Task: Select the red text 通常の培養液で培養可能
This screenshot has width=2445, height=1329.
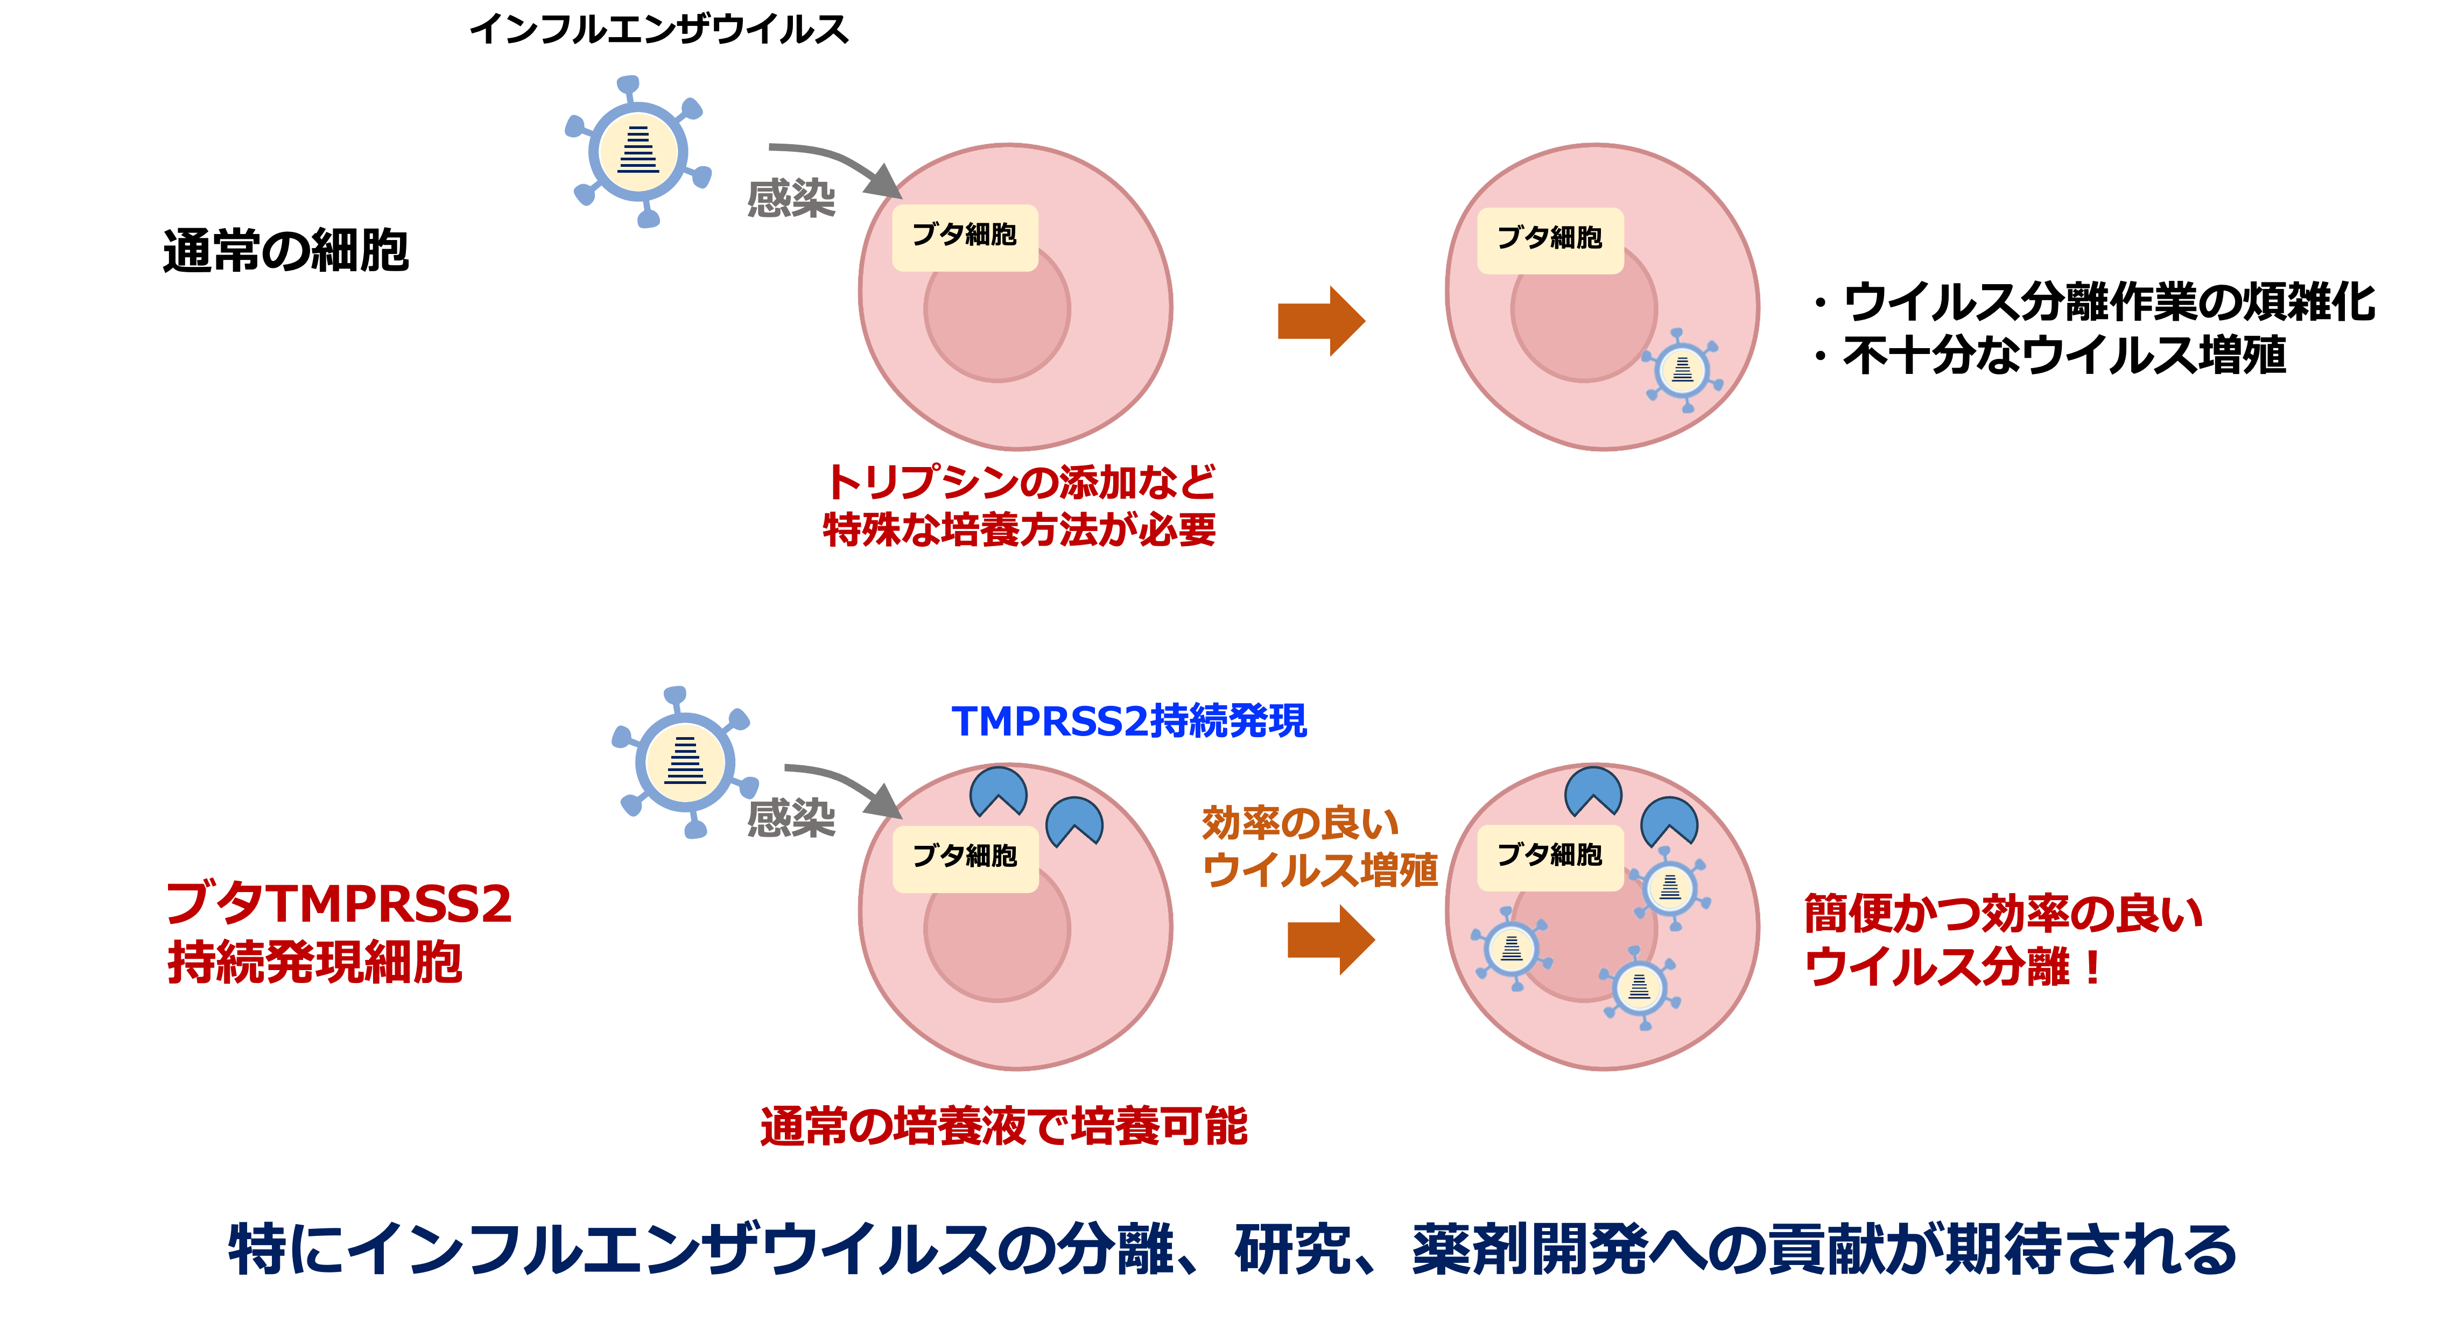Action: pyautogui.click(x=1003, y=1127)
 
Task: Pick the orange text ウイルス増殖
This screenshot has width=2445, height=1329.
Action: pyautogui.click(x=1319, y=870)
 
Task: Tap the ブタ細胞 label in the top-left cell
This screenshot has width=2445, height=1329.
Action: pyautogui.click(x=964, y=235)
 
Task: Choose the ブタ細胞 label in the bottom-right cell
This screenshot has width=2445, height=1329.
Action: pyautogui.click(x=1549, y=856)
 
